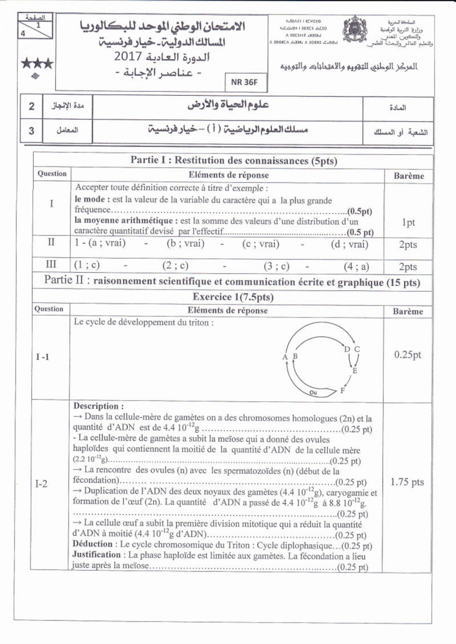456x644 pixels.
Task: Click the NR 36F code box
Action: [x=245, y=82]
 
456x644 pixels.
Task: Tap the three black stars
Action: [x=37, y=64]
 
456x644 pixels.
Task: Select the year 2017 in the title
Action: [x=128, y=57]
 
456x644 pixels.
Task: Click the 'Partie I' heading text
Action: [x=234, y=160]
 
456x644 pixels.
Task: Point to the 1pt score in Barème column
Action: [x=408, y=222]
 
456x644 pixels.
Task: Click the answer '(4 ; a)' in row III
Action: [x=356, y=266]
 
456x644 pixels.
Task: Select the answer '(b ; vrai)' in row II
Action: [x=185, y=244]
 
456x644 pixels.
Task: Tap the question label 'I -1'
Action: [x=43, y=357]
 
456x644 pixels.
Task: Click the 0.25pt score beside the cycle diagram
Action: [x=408, y=354]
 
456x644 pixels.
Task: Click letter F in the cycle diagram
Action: [x=343, y=390]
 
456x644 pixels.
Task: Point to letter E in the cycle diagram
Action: [x=355, y=371]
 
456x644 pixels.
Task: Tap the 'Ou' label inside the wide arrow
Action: [x=313, y=393]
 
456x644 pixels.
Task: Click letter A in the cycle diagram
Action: [x=285, y=357]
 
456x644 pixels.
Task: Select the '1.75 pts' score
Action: [x=407, y=482]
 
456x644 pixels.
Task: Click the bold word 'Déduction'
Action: [x=92, y=544]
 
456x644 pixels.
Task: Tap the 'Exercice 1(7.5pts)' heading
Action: [x=233, y=297]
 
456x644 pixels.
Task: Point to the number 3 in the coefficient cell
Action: [x=32, y=130]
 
